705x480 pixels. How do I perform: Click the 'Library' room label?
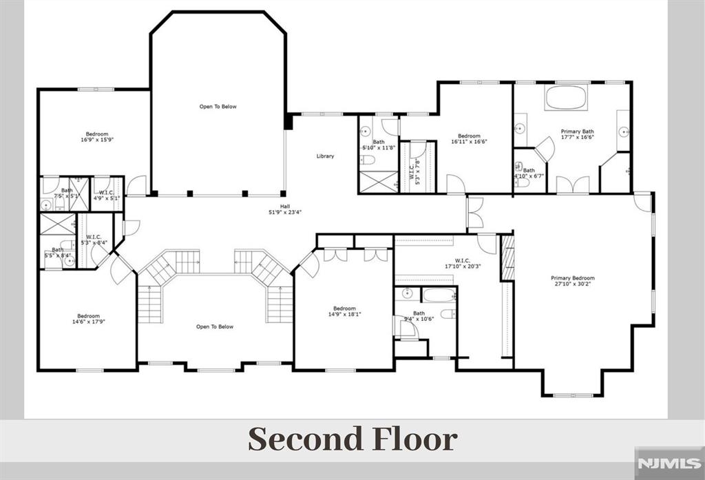click(325, 156)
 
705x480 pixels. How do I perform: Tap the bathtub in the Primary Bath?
click(567, 98)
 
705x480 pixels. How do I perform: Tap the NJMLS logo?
click(668, 463)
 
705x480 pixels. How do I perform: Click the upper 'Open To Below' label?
click(218, 107)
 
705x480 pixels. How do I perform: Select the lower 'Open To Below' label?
click(215, 326)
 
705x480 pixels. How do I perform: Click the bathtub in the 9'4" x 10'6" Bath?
click(439, 295)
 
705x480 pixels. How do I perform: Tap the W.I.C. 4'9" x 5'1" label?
click(106, 195)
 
